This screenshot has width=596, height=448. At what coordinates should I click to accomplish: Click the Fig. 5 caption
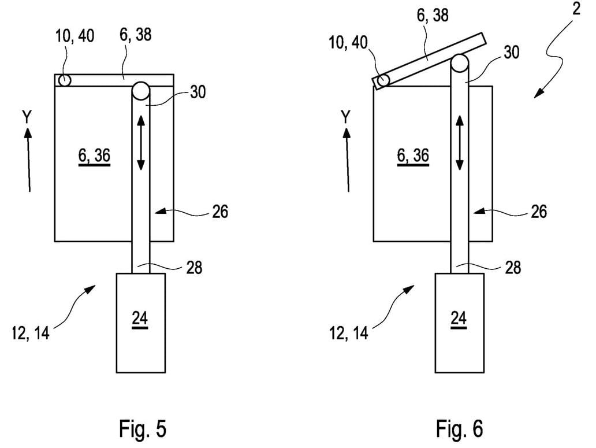(x=143, y=429)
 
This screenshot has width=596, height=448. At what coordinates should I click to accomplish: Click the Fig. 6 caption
(x=459, y=429)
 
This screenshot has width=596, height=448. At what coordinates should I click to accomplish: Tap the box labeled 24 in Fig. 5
(x=141, y=323)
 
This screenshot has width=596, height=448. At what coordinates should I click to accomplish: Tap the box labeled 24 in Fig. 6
(x=460, y=323)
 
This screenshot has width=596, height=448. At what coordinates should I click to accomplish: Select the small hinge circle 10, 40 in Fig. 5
(x=65, y=80)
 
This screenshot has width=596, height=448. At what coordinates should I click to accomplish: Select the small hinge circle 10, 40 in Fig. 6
(x=383, y=80)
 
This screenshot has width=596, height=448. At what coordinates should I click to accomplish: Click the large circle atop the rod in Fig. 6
(x=460, y=63)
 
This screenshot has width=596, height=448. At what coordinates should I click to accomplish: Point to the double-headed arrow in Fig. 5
(x=141, y=143)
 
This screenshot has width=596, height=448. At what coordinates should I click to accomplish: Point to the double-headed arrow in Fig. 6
(x=460, y=143)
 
